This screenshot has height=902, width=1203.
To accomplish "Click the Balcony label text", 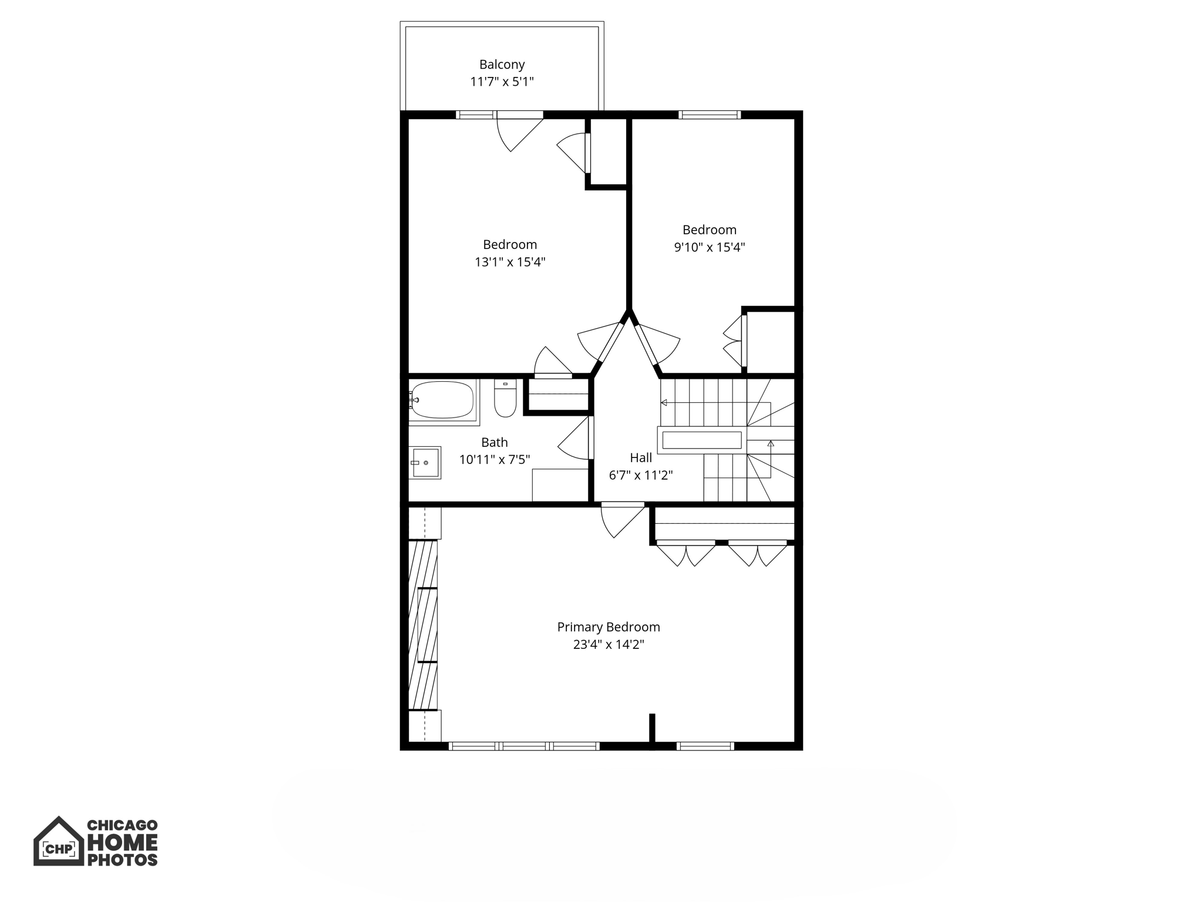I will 502,65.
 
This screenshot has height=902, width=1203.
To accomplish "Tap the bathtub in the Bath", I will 442,400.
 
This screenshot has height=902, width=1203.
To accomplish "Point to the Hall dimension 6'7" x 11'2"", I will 641,475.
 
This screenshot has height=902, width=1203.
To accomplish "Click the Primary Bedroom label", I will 609,627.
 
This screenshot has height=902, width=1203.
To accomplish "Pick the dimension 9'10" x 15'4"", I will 710,247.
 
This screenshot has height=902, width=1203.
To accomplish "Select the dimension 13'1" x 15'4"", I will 510,262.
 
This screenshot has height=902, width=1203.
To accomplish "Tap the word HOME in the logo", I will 122,843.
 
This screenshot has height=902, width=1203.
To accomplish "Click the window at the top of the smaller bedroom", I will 710,115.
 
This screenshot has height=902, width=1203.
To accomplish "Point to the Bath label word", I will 495,442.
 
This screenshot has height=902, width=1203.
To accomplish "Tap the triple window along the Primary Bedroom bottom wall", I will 524,746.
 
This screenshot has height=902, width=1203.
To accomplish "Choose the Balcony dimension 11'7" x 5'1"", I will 502,82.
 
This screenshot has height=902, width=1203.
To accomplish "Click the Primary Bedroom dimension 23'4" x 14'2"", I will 609,645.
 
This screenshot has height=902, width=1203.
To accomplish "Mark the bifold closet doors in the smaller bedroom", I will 734,341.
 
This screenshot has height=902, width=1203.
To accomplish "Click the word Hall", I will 641,457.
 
